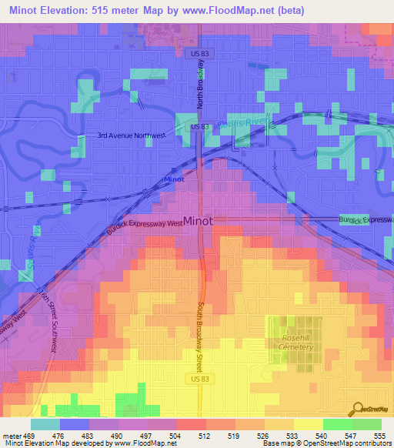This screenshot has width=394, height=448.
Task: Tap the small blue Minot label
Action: [175, 179]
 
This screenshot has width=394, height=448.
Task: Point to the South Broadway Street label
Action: [205, 316]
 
